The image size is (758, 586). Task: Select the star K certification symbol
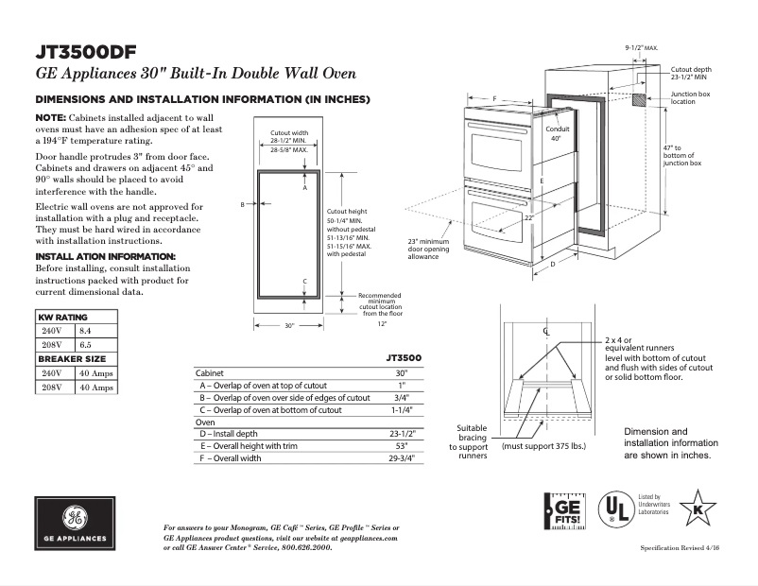pyautogui.click(x=698, y=508)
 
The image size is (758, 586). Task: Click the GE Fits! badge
pyautogui.click(x=565, y=508)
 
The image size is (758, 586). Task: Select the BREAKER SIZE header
pyautogui.click(x=71, y=359)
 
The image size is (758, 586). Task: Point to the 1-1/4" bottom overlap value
pyautogui.click(x=401, y=410)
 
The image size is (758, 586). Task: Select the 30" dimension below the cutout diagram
pyautogui.click(x=289, y=325)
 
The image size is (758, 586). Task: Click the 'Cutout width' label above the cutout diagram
pyautogui.click(x=289, y=132)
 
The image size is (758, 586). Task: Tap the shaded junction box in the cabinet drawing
pyautogui.click(x=640, y=98)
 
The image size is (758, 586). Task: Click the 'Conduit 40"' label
pyautogui.click(x=556, y=133)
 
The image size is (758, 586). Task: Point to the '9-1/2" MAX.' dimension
pyautogui.click(x=642, y=46)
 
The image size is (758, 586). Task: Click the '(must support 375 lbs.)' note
pyautogui.click(x=543, y=445)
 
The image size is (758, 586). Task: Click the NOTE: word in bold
pyautogui.click(x=50, y=116)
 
